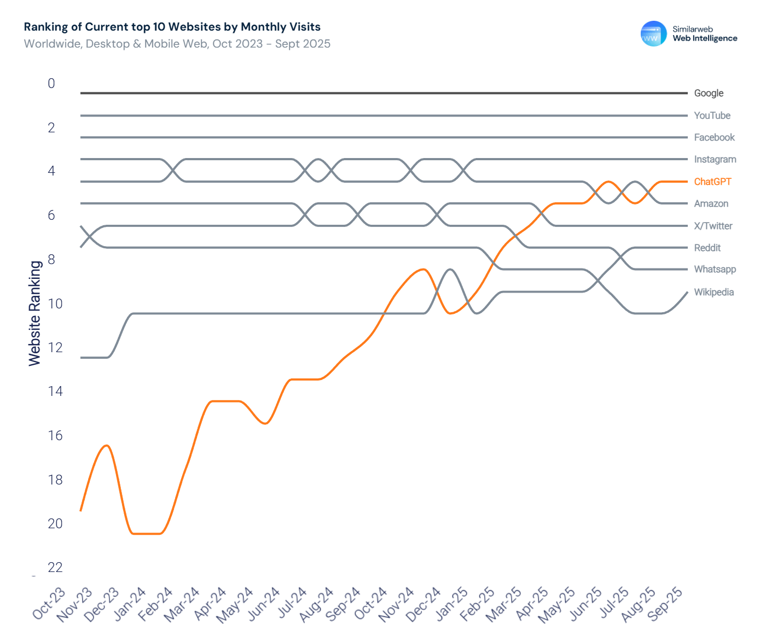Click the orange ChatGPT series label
coord(712,182)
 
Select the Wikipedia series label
coord(713,292)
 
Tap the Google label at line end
coord(709,93)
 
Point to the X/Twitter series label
coord(713,226)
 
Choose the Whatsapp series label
coord(715,269)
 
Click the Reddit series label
coord(707,248)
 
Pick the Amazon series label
coord(711,203)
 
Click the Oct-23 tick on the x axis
coord(49,604)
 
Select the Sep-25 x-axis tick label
coord(665,604)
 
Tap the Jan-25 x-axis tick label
coord(451,604)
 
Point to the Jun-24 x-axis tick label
coord(264,604)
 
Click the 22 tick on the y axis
coord(55,568)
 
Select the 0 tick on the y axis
coord(51,84)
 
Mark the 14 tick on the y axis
coord(55,391)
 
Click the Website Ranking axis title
coord(35,313)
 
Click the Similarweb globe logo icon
coord(653,34)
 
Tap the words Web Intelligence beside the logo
coord(705,38)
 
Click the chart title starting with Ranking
coord(172,27)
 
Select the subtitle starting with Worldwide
coord(177,44)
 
